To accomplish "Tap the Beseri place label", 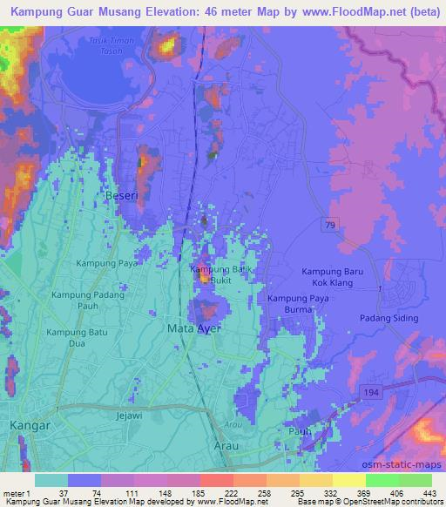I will [121, 197].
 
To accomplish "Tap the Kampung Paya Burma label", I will [301, 304].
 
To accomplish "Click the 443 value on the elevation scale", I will [429, 492].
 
